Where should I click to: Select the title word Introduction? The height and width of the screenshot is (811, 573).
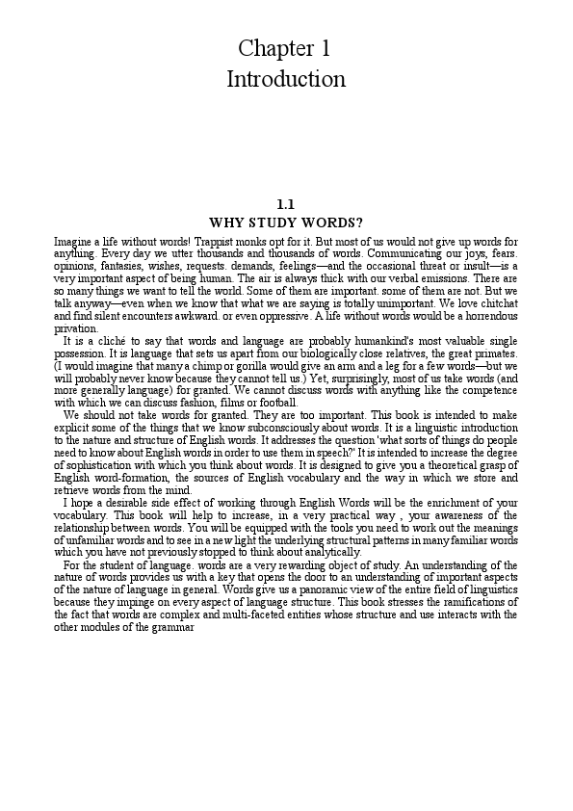click(286, 79)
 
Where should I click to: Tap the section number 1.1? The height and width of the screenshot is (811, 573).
click(285, 204)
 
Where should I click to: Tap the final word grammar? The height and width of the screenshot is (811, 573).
click(174, 629)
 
